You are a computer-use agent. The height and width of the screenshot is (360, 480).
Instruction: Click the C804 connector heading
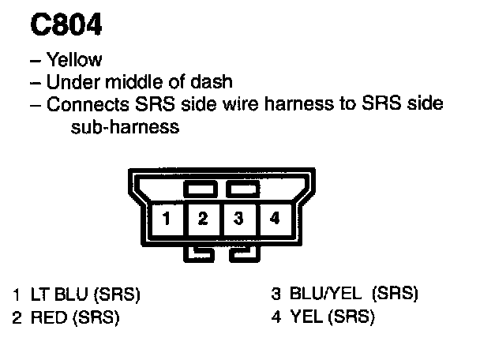[66, 26]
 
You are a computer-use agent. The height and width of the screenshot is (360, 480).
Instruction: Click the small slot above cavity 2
[200, 190]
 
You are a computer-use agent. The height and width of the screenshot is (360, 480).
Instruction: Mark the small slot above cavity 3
[238, 190]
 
